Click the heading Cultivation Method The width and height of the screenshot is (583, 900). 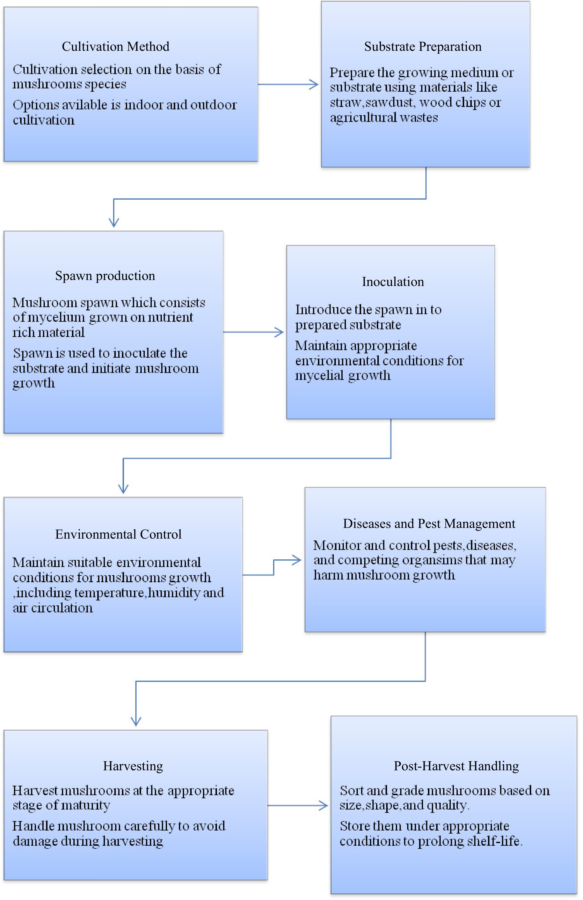tap(115, 46)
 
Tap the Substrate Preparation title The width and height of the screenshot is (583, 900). tap(423, 46)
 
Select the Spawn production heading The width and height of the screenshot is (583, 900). tap(105, 276)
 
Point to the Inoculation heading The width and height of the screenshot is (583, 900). tap(393, 282)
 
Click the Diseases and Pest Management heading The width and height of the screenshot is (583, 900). tap(429, 524)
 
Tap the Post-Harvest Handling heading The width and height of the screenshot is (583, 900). tap(456, 766)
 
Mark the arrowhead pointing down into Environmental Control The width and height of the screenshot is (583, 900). tap(123, 489)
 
